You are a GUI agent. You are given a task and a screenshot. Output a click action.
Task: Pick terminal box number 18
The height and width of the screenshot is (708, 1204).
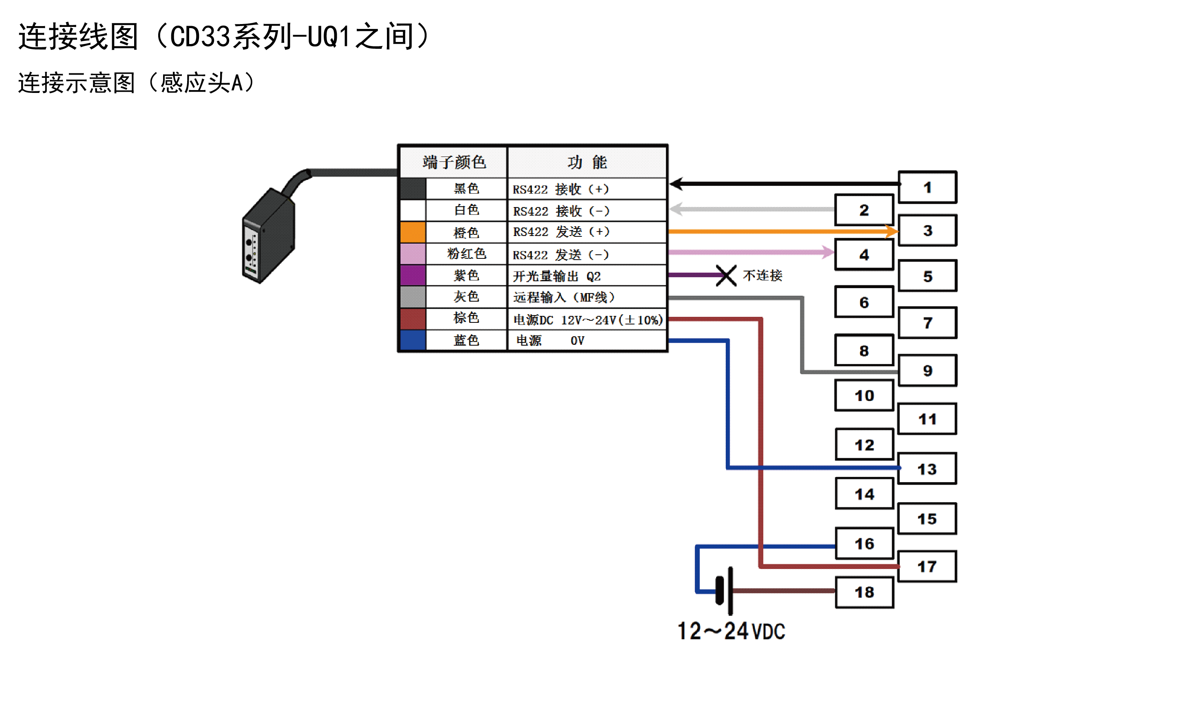pos(864,592)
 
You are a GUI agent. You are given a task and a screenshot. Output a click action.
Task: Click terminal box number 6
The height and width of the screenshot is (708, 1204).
pos(864,302)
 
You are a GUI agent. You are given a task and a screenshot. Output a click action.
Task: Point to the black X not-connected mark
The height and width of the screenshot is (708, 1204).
pos(726,276)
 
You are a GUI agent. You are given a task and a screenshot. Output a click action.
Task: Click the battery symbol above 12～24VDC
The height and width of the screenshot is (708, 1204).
pos(724,591)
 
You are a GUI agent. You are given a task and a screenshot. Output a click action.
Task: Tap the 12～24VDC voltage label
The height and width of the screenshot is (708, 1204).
pos(731,631)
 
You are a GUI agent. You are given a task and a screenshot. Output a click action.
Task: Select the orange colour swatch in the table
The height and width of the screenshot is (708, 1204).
pos(413,232)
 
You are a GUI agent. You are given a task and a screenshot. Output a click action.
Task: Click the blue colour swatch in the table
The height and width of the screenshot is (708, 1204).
pos(413,340)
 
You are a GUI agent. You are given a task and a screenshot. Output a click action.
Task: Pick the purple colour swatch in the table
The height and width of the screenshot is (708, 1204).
pos(413,275)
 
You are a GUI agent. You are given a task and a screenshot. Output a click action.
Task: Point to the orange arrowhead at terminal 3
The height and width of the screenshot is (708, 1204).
pos(892,232)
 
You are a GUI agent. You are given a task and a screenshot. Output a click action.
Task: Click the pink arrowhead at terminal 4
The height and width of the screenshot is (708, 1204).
pos(828,252)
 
